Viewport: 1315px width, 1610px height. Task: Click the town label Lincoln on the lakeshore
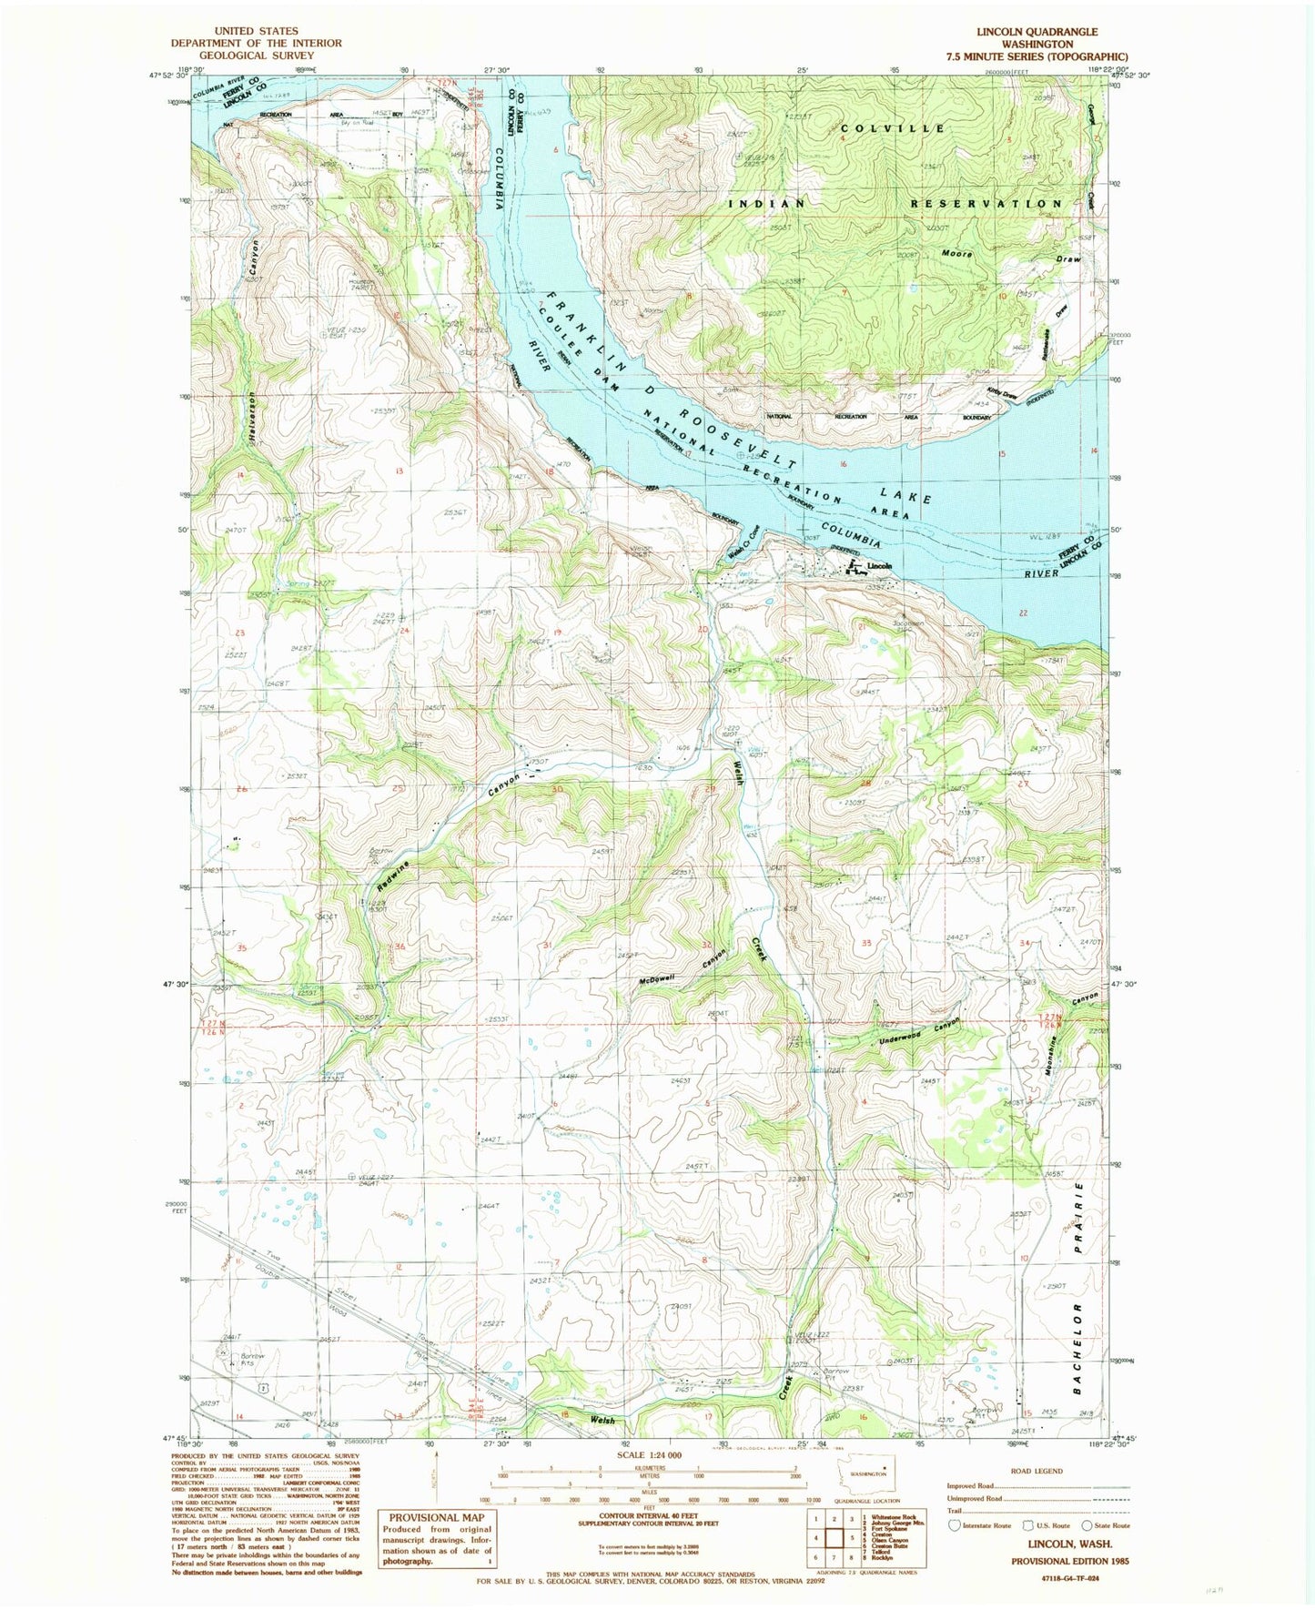pos(879,566)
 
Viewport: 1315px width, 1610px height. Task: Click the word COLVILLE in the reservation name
pos(893,129)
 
